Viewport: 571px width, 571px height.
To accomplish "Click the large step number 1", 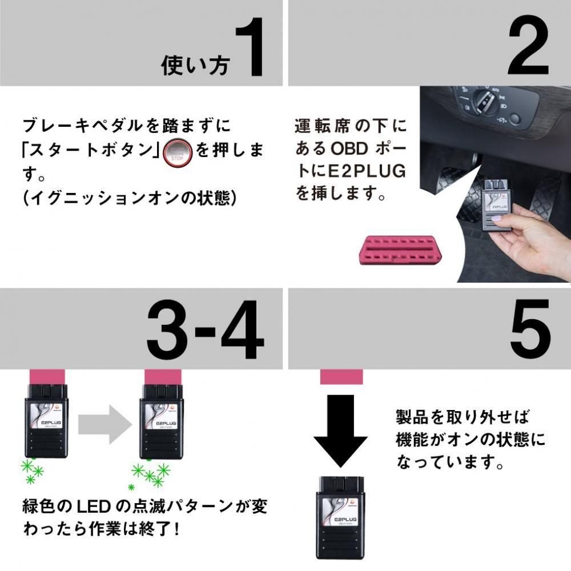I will coord(249,47).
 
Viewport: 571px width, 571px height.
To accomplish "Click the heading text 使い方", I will coord(195,65).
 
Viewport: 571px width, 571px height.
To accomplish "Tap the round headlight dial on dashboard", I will coord(481,102).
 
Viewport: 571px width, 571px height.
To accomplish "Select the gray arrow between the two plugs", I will coord(103,421).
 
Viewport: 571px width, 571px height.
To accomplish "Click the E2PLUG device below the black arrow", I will coord(341,516).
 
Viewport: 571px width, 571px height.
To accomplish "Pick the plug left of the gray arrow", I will coord(46,420).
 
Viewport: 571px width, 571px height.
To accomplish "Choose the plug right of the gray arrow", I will coord(162,420).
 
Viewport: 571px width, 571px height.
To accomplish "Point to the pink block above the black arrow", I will coord(341,375).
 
